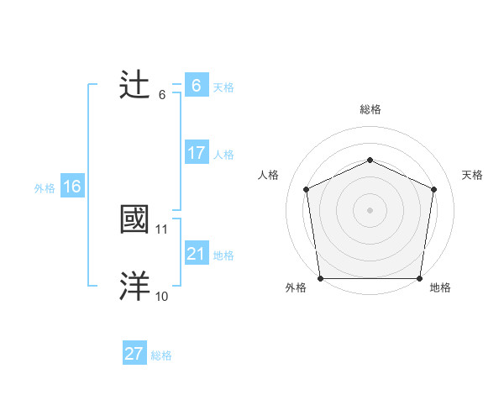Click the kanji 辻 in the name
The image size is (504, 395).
[x=135, y=85]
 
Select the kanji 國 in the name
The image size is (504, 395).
[x=135, y=219]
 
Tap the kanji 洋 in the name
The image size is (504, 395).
[x=135, y=287]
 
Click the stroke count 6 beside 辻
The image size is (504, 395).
[x=162, y=94]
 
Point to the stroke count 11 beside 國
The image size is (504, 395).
[x=162, y=229]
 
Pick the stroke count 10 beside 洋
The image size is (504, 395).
[x=162, y=296]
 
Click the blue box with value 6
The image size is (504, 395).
[x=196, y=85]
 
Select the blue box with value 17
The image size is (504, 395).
[x=196, y=153]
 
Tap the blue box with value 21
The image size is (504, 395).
[x=196, y=254]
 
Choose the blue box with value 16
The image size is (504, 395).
[x=71, y=187]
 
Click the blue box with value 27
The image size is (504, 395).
[x=134, y=354]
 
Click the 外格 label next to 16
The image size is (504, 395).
[x=45, y=188]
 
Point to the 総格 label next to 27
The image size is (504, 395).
[x=161, y=355]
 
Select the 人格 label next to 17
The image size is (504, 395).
[x=223, y=155]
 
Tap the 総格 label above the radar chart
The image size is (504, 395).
[x=370, y=109]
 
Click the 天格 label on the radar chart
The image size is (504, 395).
[x=472, y=175]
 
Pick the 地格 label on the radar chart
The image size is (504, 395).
[x=439, y=288]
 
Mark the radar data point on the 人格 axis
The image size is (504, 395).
[x=306, y=189]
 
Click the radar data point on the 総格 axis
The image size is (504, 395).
[x=370, y=160]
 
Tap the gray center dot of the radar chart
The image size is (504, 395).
[x=370, y=210]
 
